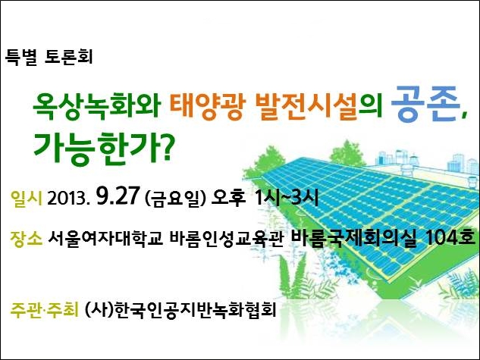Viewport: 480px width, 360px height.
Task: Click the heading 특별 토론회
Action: (49, 57)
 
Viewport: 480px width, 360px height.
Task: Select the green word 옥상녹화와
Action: (97, 106)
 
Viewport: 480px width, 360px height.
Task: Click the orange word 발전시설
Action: (306, 106)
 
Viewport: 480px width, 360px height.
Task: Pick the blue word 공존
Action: (426, 104)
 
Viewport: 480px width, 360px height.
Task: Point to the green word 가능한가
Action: (94, 149)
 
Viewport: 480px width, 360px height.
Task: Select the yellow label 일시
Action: (26, 198)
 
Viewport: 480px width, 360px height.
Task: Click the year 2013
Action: (68, 199)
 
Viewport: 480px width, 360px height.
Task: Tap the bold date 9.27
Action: (118, 196)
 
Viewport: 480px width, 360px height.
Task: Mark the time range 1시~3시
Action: (287, 197)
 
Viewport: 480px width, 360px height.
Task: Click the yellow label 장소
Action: (26, 239)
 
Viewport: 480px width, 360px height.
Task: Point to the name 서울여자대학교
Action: (105, 239)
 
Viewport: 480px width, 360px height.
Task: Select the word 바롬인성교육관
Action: (226, 239)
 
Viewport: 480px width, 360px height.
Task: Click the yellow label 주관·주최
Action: (45, 309)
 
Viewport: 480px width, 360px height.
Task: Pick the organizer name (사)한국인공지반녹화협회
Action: (180, 310)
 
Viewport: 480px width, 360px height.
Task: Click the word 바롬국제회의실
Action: (353, 237)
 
